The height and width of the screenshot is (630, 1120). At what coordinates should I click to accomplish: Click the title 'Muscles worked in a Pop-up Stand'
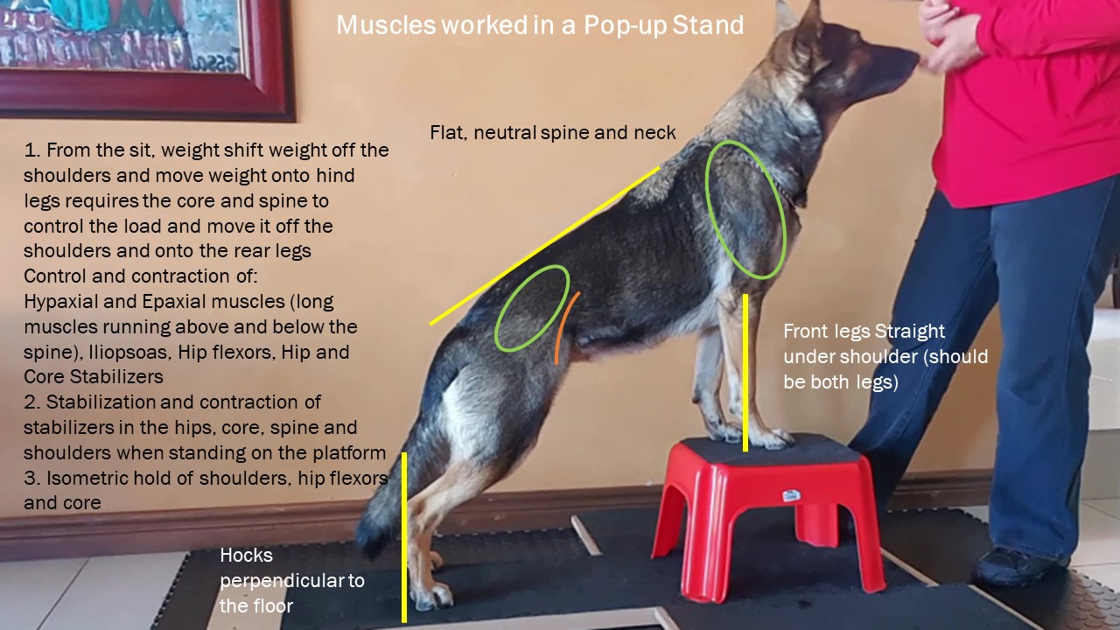tap(540, 25)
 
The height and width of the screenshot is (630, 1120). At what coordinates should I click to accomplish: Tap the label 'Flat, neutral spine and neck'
tap(552, 132)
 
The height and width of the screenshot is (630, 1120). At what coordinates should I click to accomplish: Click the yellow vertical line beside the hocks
tap(404, 537)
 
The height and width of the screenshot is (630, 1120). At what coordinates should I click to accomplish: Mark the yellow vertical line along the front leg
tap(745, 373)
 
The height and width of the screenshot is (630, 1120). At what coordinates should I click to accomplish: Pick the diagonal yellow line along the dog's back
tap(544, 246)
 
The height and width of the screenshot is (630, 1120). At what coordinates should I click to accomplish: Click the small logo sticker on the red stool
tap(792, 496)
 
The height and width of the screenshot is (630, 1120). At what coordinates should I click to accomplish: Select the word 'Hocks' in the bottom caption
tap(246, 556)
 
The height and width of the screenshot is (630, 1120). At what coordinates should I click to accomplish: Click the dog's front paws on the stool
tap(750, 436)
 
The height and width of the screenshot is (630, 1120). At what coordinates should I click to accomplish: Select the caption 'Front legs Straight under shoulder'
tap(885, 356)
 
